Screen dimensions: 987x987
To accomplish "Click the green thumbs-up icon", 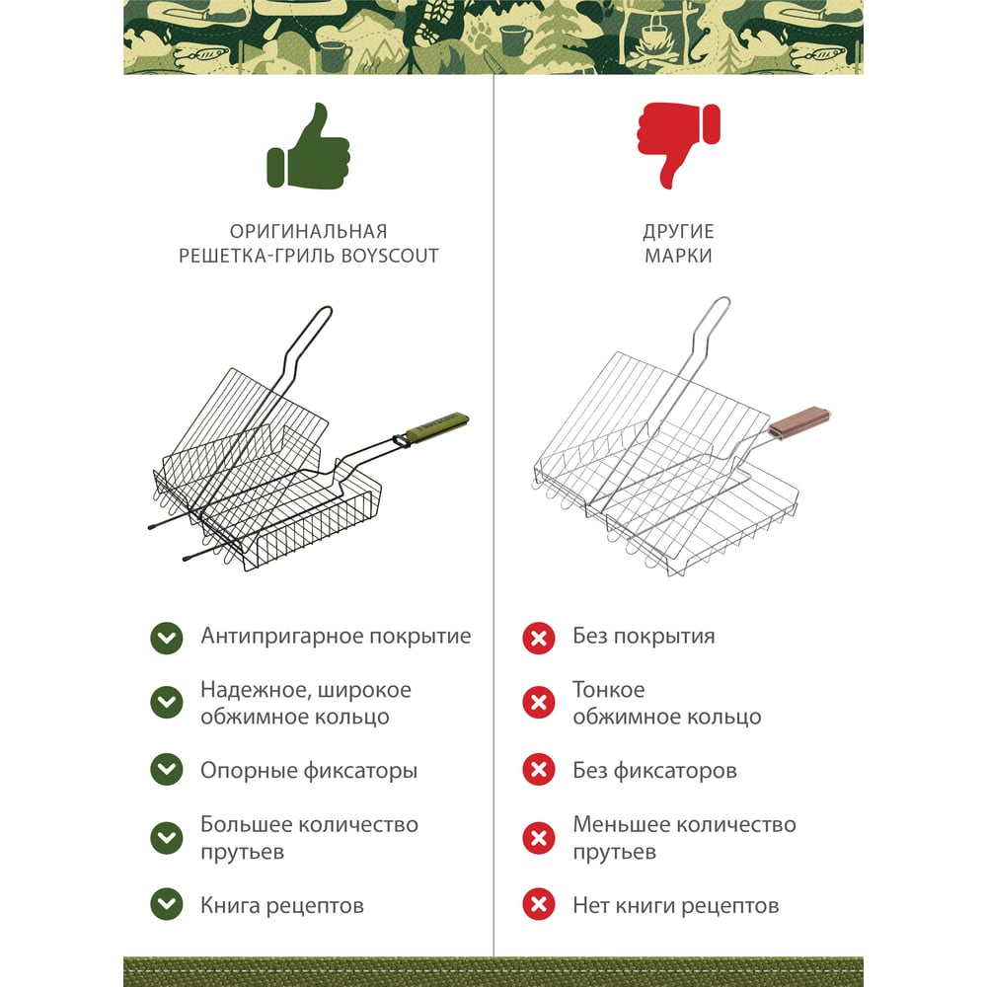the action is (x=308, y=147).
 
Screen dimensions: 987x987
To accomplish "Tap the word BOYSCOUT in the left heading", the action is (x=389, y=256).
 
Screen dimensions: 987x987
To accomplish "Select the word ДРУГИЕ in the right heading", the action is (x=679, y=232).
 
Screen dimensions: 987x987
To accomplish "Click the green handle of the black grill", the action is (x=437, y=425).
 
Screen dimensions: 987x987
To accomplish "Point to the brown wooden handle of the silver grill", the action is (x=799, y=421).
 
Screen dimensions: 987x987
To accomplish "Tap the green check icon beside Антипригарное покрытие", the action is (x=167, y=639).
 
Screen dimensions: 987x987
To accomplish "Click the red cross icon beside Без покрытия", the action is (x=539, y=639).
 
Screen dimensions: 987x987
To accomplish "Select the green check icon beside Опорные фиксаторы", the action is (x=167, y=770).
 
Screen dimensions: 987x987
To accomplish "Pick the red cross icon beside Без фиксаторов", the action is (x=539, y=770).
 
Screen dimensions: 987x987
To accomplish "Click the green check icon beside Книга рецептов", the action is (x=167, y=904).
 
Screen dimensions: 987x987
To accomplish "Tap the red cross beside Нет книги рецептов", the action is (x=539, y=904).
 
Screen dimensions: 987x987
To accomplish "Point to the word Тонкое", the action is (x=609, y=690).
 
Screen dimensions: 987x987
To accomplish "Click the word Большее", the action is (x=246, y=824).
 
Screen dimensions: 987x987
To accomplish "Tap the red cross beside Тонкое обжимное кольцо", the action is (x=539, y=703).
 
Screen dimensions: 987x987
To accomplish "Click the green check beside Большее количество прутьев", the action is (x=167, y=838).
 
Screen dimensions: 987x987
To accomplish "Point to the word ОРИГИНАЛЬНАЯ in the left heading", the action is (x=308, y=232).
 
